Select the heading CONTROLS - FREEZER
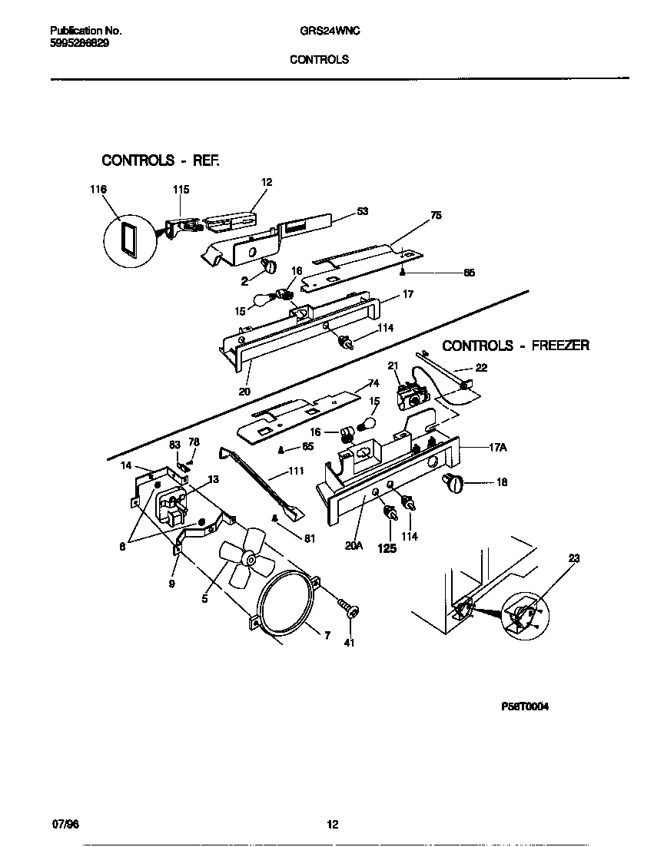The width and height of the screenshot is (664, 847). pyautogui.click(x=516, y=346)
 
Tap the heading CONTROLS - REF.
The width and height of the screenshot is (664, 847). pyautogui.click(x=161, y=160)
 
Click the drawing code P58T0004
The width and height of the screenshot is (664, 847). pyautogui.click(x=526, y=706)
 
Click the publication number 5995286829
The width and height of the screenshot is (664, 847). pyautogui.click(x=79, y=45)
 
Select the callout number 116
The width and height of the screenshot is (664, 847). pyautogui.click(x=98, y=190)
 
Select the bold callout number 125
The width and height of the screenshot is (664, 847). pyautogui.click(x=387, y=549)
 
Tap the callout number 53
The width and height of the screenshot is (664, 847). pyautogui.click(x=363, y=211)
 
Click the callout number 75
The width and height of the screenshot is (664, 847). pyautogui.click(x=436, y=216)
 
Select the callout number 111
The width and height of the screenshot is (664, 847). pyautogui.click(x=295, y=471)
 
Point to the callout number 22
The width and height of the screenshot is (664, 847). pyautogui.click(x=481, y=368)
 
